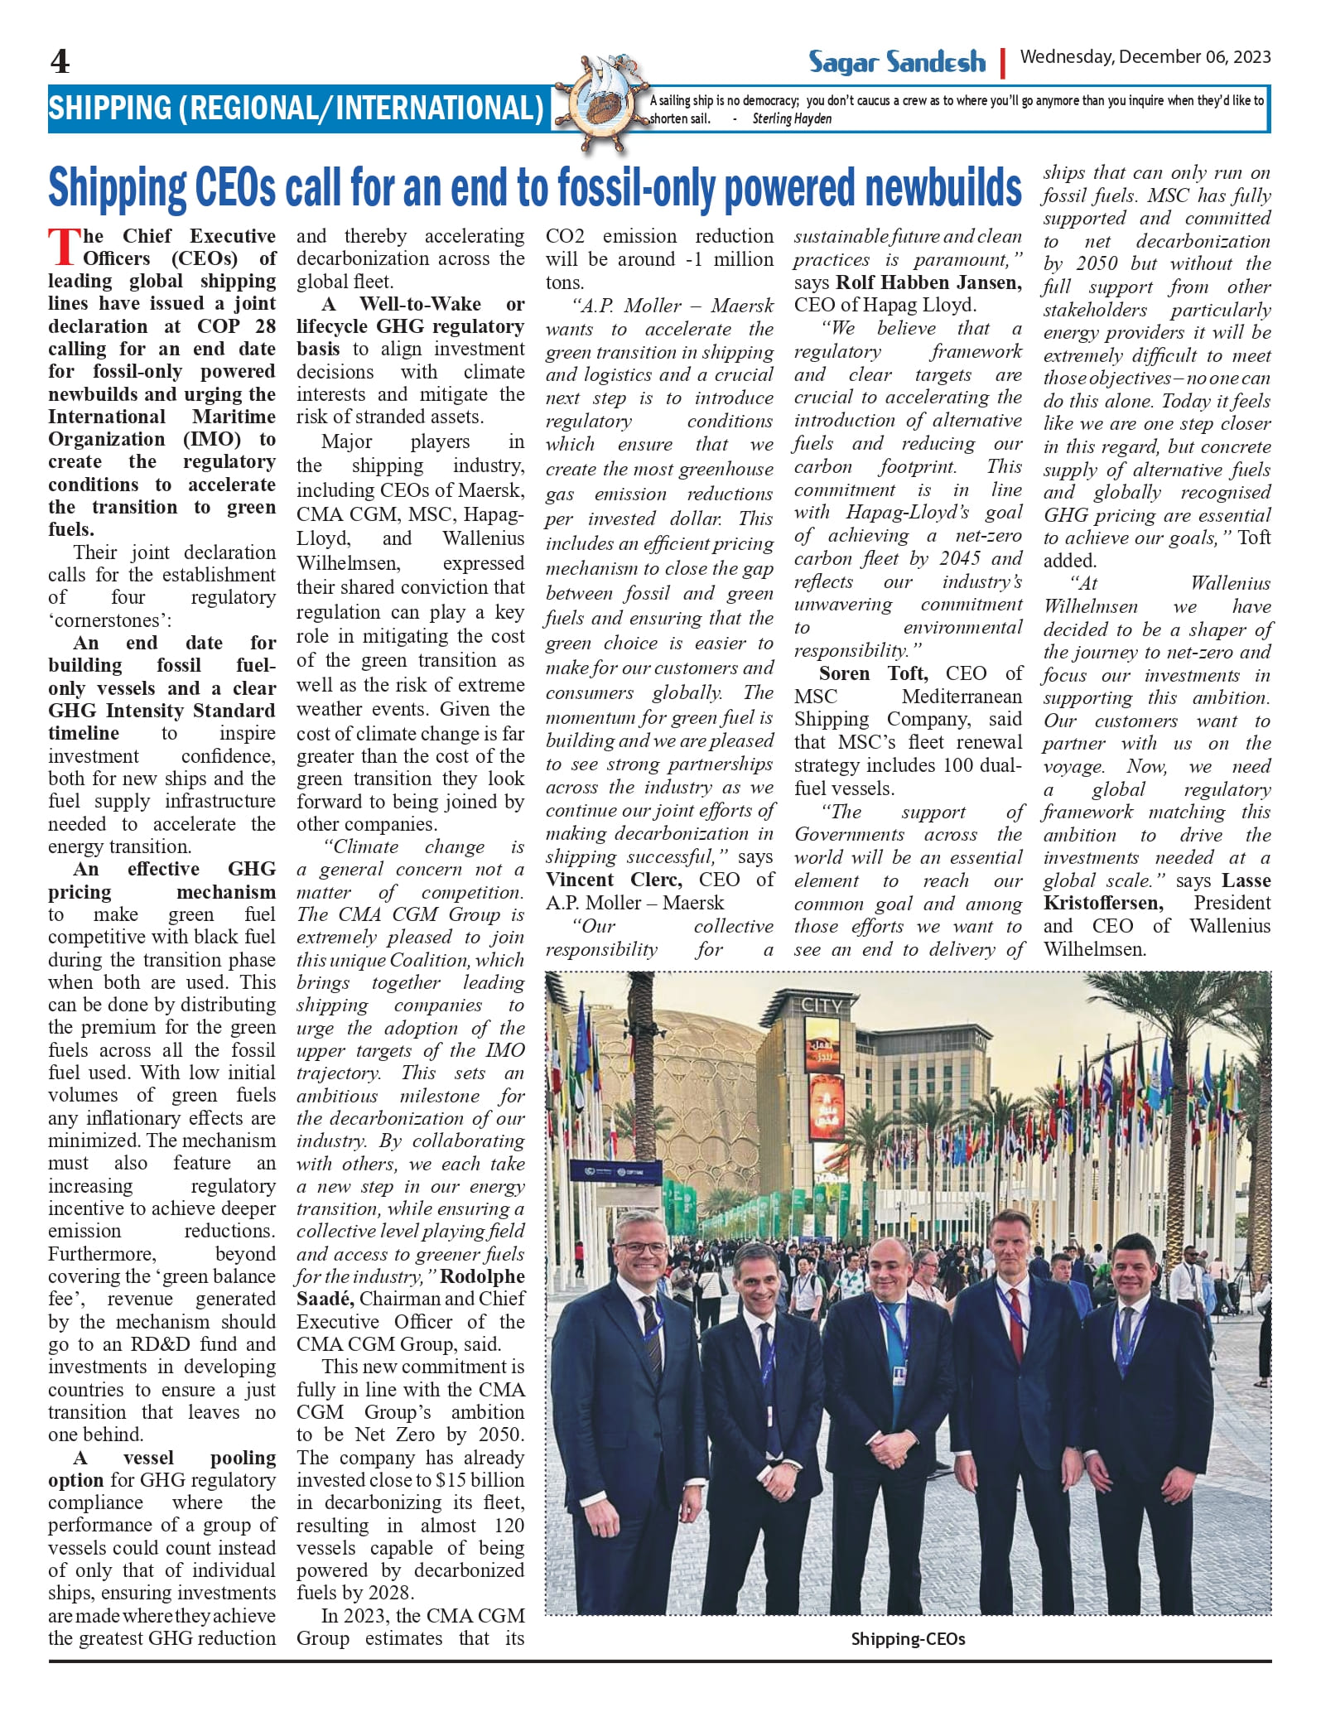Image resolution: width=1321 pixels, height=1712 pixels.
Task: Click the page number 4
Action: pyautogui.click(x=60, y=62)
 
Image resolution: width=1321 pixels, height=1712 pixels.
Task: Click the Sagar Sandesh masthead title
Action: pyautogui.click(x=897, y=62)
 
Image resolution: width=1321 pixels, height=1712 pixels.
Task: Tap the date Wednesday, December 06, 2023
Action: pyautogui.click(x=1145, y=57)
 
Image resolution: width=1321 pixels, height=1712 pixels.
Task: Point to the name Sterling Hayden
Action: pyautogui.click(x=791, y=119)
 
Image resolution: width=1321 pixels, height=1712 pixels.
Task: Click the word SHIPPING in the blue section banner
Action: pyautogui.click(x=109, y=109)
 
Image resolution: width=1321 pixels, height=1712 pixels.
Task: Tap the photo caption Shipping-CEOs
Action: pyautogui.click(x=908, y=1639)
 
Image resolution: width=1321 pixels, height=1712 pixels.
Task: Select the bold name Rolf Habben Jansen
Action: pyautogui.click(x=928, y=282)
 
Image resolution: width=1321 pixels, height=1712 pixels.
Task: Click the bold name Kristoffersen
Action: pyautogui.click(x=1102, y=903)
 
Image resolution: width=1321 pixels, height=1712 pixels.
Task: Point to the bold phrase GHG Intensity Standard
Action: pyautogui.click(x=162, y=711)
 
